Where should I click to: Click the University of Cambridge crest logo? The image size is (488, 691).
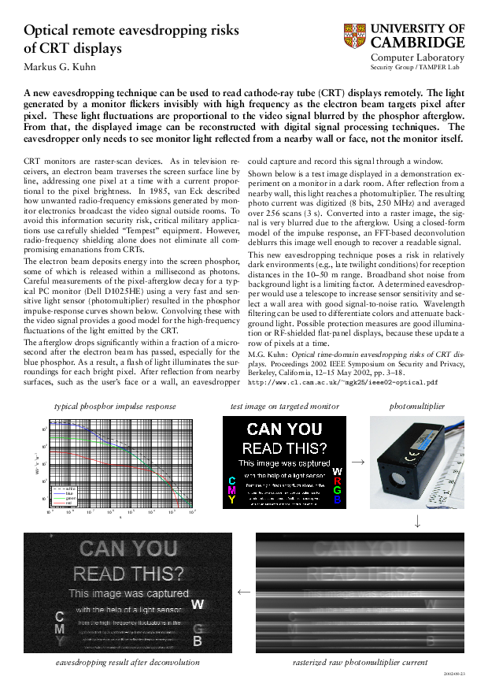(x=355, y=35)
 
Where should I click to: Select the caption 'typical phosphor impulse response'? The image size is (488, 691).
(x=115, y=406)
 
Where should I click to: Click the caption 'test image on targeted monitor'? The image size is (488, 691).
(x=284, y=406)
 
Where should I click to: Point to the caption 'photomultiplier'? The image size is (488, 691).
(x=417, y=406)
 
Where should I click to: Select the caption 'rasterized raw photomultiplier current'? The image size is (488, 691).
(x=360, y=663)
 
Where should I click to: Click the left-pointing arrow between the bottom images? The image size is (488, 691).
(x=243, y=590)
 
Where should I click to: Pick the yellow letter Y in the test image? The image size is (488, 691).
(x=231, y=500)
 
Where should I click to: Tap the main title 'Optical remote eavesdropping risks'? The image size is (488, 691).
(x=131, y=31)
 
